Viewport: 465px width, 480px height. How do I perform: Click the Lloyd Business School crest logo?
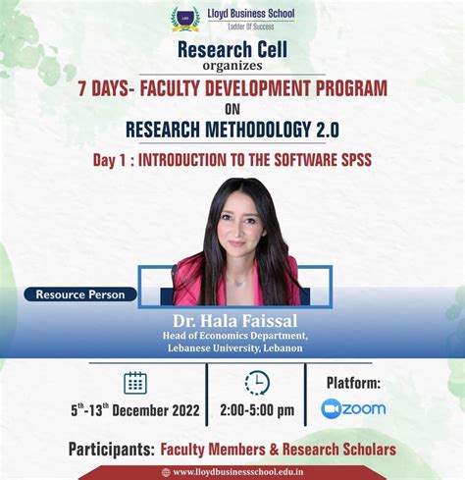click(185, 18)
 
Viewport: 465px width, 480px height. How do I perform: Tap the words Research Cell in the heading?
click(232, 50)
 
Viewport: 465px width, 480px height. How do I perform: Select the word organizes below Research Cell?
click(232, 68)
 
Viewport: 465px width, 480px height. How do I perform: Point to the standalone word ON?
click(232, 110)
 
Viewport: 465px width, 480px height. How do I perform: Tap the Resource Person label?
click(79, 293)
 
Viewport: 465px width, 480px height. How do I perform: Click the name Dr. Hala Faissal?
click(233, 320)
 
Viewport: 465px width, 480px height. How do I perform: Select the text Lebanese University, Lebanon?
click(233, 348)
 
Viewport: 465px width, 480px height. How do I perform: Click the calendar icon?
click(135, 383)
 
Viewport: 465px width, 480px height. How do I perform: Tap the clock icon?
click(257, 383)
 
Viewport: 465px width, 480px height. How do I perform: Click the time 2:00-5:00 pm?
click(257, 409)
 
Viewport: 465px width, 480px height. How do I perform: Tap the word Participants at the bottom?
click(111, 449)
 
